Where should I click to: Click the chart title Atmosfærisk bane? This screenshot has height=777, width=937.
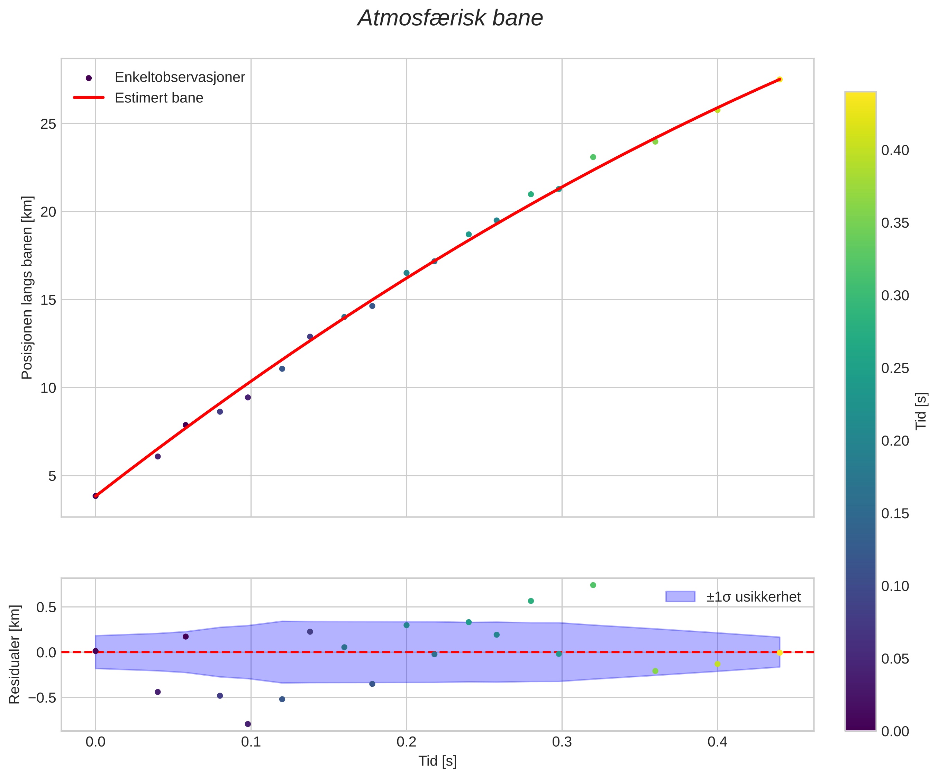[450, 19]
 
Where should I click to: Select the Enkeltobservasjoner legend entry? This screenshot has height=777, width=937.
[179, 77]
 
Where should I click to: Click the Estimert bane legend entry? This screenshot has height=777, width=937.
[159, 98]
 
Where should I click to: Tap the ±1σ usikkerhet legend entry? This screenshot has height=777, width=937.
[753, 597]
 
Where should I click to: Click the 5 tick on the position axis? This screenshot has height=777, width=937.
[53, 476]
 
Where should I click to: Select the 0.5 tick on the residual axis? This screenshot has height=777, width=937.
[46, 607]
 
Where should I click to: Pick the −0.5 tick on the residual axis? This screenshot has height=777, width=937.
[43, 698]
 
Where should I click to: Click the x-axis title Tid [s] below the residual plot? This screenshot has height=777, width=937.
[437, 761]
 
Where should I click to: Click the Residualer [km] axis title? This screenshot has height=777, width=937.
[15, 654]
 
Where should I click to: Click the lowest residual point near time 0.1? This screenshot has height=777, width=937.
[248, 724]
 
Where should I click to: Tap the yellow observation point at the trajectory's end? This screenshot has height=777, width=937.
[780, 79]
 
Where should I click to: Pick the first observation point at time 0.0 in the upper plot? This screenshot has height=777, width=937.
[95, 495]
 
